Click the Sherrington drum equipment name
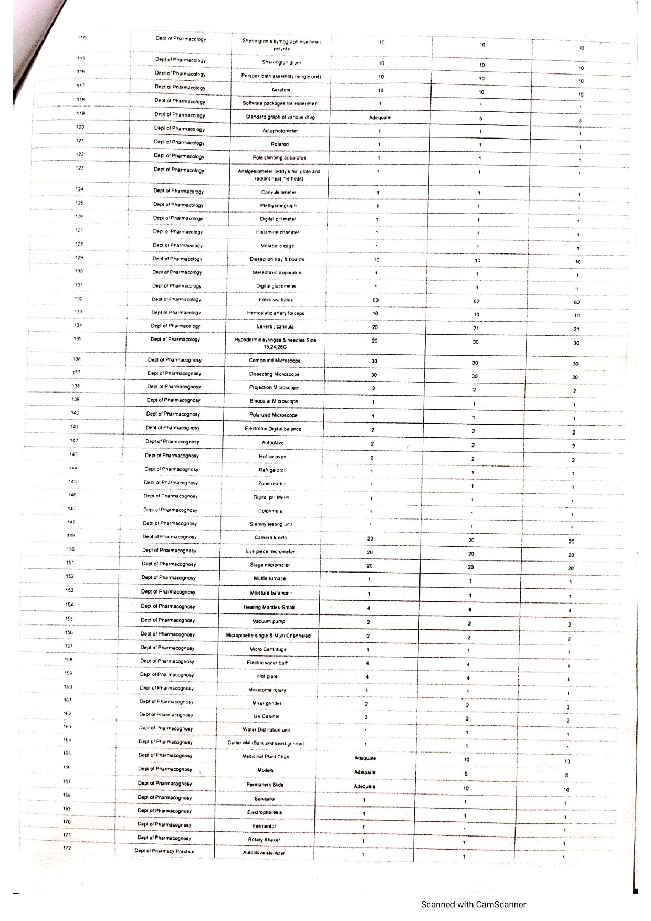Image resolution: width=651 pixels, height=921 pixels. click(x=281, y=62)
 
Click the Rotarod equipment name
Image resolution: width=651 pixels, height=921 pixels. click(x=280, y=144)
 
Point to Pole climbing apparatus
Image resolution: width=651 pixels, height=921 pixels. click(x=279, y=158)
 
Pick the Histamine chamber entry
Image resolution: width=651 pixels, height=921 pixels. click(x=278, y=232)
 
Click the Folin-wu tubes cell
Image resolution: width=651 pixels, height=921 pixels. click(x=276, y=300)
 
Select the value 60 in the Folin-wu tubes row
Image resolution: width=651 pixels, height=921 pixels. click(x=375, y=300)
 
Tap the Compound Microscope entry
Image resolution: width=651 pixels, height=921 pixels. click(x=275, y=361)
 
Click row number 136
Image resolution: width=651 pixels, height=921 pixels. click(x=76, y=359)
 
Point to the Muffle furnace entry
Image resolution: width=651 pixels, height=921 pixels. click(x=270, y=578)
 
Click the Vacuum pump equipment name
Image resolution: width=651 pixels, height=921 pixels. click(x=269, y=621)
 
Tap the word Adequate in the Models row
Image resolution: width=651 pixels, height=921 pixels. click(x=365, y=772)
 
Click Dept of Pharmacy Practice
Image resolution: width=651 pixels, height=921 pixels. click(x=164, y=851)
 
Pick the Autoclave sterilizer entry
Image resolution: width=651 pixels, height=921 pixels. click(x=264, y=853)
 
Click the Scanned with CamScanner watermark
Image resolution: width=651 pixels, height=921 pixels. click(x=473, y=904)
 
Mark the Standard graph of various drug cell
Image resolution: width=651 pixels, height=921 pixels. click(x=280, y=117)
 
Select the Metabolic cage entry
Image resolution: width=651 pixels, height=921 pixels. click(x=277, y=246)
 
